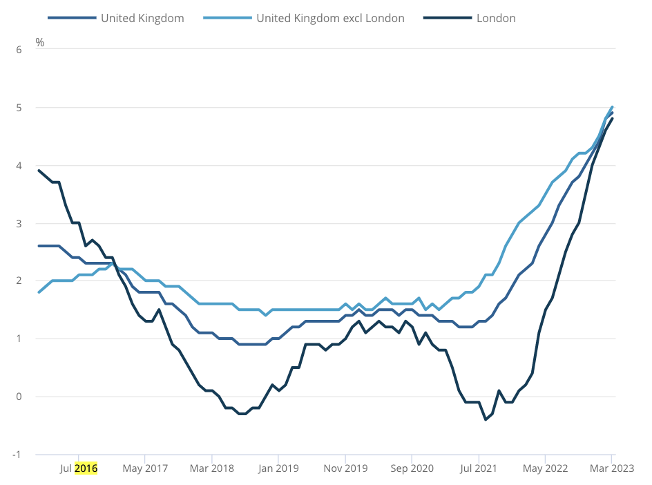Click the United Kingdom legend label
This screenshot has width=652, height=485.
(142, 19)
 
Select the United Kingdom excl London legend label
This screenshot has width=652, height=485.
(330, 19)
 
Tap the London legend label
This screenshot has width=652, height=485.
(496, 19)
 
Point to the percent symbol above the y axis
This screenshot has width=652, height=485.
(39, 43)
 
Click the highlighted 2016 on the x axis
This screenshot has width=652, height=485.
(86, 468)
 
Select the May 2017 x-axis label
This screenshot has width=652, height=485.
(145, 468)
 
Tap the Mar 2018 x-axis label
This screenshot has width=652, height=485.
(211, 468)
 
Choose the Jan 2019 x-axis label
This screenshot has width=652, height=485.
(278, 468)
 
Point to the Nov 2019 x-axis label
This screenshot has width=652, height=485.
(345, 468)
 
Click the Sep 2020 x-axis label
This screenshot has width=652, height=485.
(412, 468)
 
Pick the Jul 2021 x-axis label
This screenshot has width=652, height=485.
(479, 468)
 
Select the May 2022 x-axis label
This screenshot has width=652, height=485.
(545, 468)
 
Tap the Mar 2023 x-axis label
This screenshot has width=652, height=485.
(611, 468)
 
